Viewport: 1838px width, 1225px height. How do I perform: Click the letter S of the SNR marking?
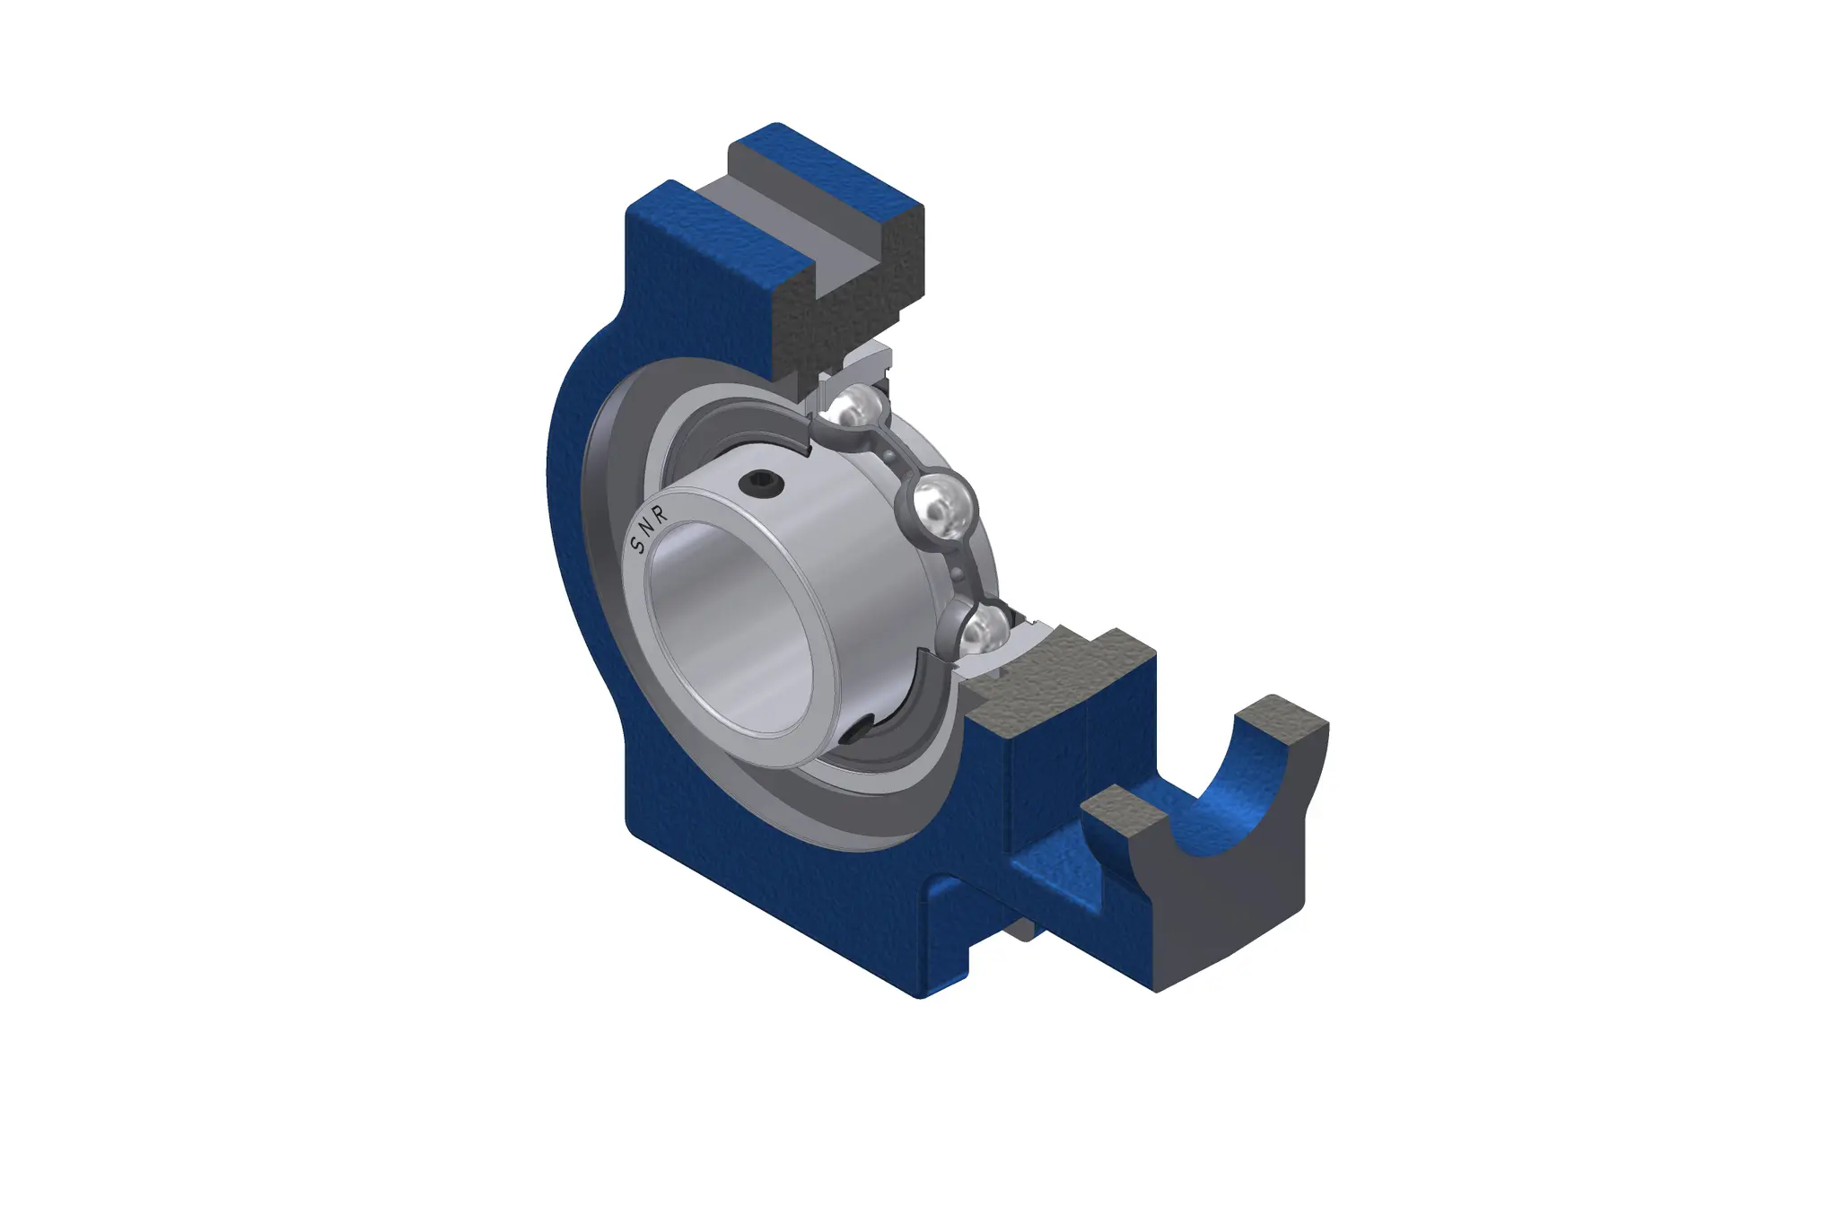[x=638, y=544]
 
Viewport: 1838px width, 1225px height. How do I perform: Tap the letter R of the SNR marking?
[x=661, y=515]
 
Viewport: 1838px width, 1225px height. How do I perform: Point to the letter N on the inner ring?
[x=650, y=529]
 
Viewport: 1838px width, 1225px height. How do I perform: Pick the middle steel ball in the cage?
[x=941, y=506]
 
